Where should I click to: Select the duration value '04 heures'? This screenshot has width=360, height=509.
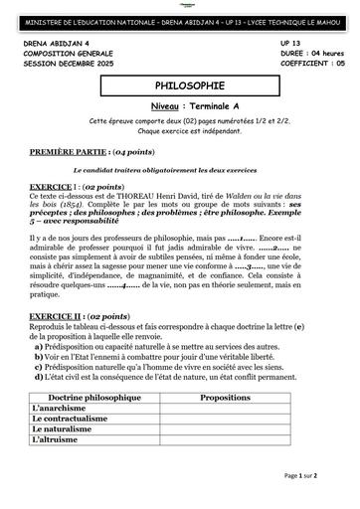pos(321,55)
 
